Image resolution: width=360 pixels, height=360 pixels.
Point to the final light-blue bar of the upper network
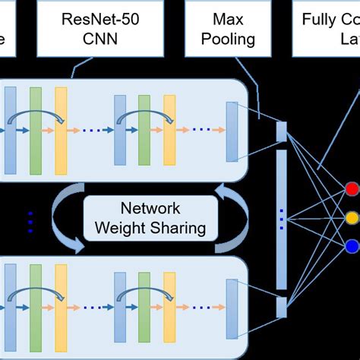232,122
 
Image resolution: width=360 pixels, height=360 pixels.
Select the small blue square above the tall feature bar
281,131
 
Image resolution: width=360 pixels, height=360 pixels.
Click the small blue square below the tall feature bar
281,307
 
